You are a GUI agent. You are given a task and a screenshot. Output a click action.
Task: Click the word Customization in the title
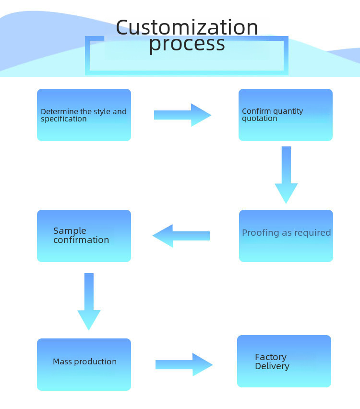187,27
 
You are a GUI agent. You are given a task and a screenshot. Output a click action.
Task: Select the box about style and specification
84,115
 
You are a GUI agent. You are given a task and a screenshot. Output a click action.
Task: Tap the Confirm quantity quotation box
285,115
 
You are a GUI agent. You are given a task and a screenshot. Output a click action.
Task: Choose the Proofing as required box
286,236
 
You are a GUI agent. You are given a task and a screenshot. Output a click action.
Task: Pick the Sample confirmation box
84,236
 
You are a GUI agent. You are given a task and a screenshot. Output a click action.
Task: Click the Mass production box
84,364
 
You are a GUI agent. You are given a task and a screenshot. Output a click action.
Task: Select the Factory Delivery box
284,361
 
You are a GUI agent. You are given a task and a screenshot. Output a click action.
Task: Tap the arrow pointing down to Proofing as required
286,175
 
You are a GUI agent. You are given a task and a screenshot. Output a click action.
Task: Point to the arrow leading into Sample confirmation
181,236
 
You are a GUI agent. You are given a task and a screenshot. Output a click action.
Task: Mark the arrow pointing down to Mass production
89,301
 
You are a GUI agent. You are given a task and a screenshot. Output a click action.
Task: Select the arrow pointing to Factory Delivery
184,364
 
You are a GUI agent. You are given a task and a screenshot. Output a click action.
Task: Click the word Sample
70,231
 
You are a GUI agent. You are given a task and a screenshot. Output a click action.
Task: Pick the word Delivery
272,366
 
